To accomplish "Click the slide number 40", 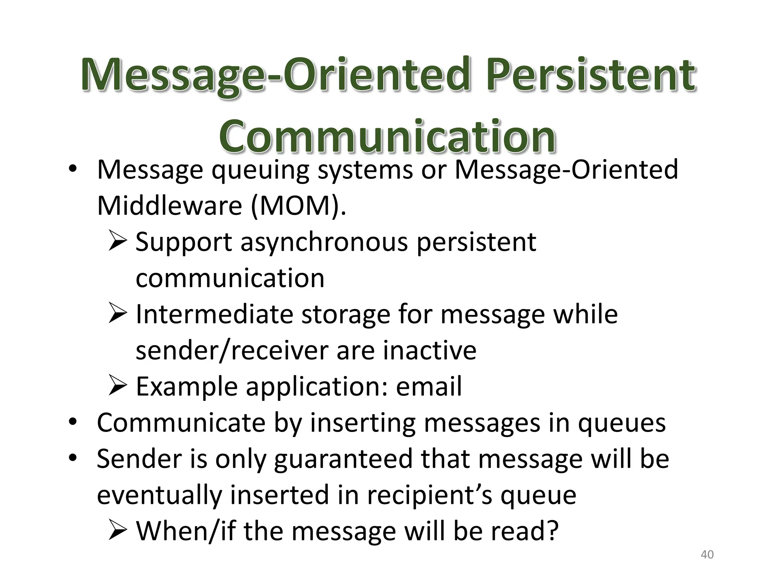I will click(x=707, y=555).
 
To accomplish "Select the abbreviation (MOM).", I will click(x=298, y=206).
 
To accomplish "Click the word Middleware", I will click(x=169, y=206).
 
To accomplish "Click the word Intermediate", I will click(x=214, y=314).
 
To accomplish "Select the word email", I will click(x=429, y=387).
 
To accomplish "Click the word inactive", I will click(x=430, y=350).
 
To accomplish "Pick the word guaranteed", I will click(x=343, y=459).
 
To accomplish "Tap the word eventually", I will click(x=159, y=495).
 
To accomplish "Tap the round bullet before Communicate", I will click(x=73, y=422).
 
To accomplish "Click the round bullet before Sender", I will click(x=73, y=458).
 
